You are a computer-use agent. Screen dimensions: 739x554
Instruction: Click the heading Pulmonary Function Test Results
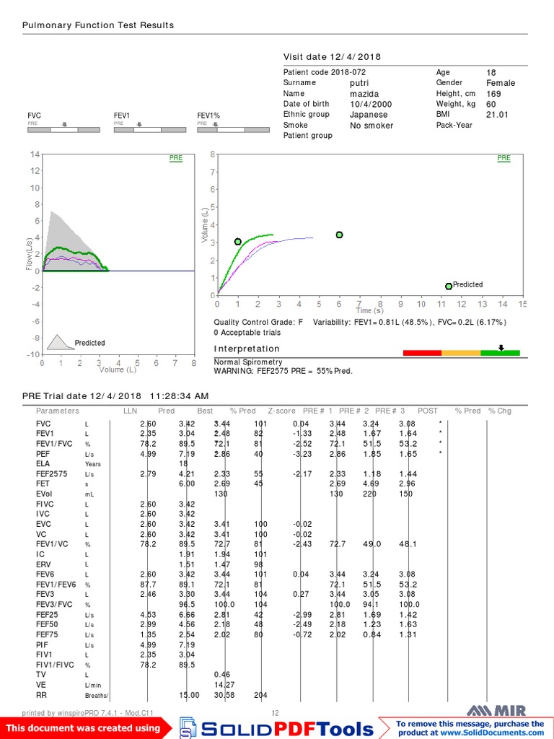98,25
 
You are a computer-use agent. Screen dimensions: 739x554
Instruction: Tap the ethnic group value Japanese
369,114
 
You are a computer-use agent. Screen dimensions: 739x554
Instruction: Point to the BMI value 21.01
497,114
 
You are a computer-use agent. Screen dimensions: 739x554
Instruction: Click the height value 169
493,93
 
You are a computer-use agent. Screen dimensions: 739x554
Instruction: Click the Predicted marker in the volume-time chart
449,286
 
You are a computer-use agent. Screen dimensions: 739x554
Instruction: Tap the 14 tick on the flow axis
34,154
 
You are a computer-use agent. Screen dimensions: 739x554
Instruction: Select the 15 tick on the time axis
522,304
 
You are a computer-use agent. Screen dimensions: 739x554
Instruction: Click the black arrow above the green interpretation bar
501,347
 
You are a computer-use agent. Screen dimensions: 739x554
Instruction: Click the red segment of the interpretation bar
421,353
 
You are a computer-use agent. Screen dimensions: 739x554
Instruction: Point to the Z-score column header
281,411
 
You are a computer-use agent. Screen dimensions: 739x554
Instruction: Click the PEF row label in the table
43,453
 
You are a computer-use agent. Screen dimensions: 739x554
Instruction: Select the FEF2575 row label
52,473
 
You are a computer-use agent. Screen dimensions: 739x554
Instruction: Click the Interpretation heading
247,349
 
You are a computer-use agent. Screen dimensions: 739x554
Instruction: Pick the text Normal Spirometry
248,362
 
